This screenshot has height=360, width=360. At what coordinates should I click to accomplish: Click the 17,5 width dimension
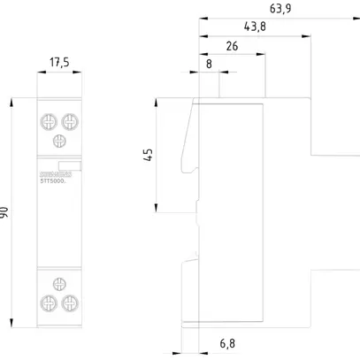(58, 63)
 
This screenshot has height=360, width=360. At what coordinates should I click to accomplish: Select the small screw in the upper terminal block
(59, 141)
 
